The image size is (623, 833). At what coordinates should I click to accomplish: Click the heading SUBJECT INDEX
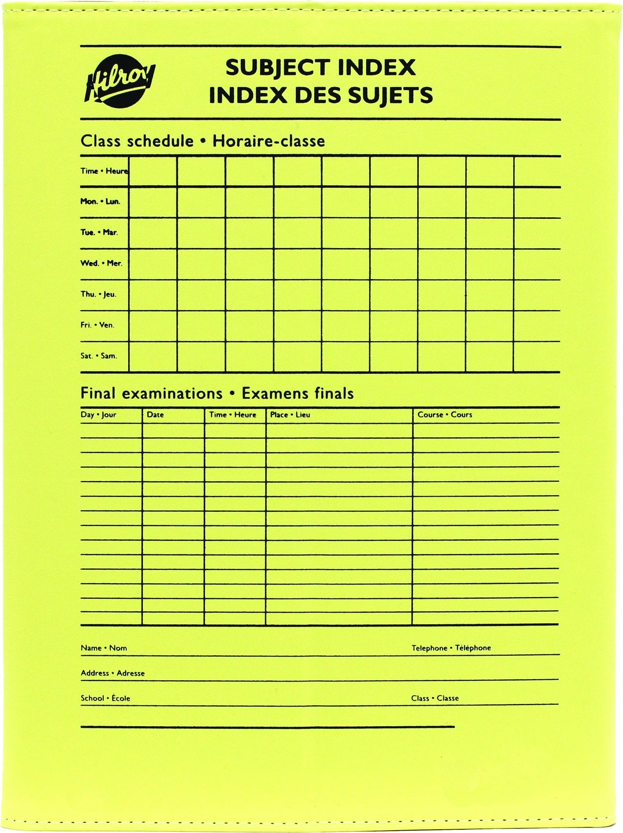coord(320,68)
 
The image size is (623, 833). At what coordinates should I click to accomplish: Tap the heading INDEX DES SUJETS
coord(321,95)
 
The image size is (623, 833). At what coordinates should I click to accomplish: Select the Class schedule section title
coord(203,141)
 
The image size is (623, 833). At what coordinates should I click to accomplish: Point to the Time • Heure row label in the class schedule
coord(104,171)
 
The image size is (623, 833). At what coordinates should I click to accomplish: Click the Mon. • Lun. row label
coord(100,202)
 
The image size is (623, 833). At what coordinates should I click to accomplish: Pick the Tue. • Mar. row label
coord(99,232)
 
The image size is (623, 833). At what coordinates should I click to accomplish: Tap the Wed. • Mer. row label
coord(101,263)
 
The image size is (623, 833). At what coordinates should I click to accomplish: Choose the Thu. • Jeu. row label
coord(99,294)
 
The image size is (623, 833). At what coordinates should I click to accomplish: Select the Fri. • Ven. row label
coord(97,325)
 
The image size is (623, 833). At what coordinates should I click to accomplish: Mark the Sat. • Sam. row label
coord(99,356)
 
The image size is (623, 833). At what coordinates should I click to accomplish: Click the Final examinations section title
coord(217,393)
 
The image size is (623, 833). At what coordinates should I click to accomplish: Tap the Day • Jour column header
coord(99,415)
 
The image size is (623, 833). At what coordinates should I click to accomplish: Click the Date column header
coord(155,415)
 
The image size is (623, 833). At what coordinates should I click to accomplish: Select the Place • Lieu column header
coord(290,415)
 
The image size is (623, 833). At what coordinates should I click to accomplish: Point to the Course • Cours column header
coord(445,415)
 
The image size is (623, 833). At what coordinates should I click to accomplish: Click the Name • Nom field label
coord(104,648)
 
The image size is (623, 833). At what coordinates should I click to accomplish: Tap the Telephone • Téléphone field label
coord(451,648)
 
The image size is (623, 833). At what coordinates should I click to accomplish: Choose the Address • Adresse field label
coord(112,673)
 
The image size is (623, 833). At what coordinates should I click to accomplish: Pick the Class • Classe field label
coord(435,698)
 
